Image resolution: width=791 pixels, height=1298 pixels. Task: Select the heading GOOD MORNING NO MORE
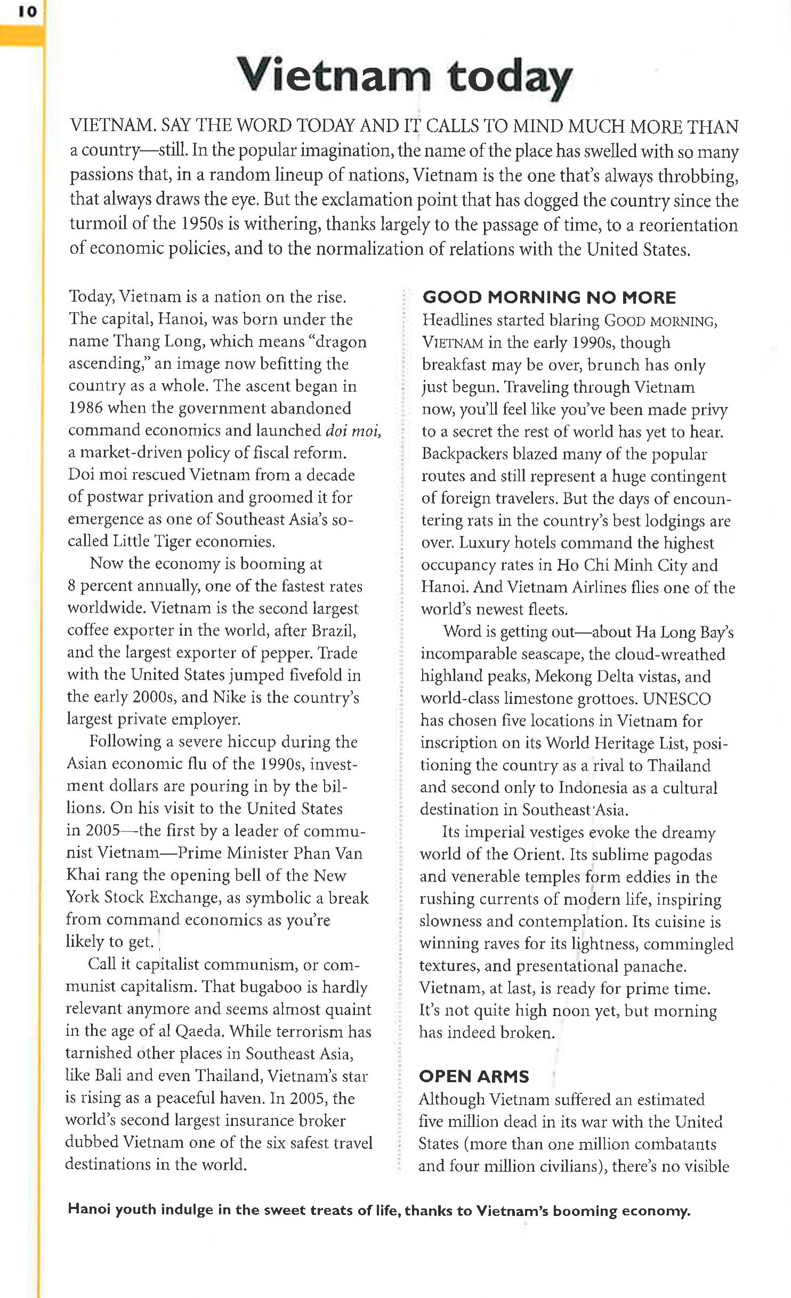pyautogui.click(x=549, y=297)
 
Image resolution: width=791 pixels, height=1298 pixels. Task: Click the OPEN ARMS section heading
pyautogui.click(x=474, y=1076)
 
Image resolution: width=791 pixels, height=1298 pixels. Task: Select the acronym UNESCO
pyautogui.click(x=676, y=698)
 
